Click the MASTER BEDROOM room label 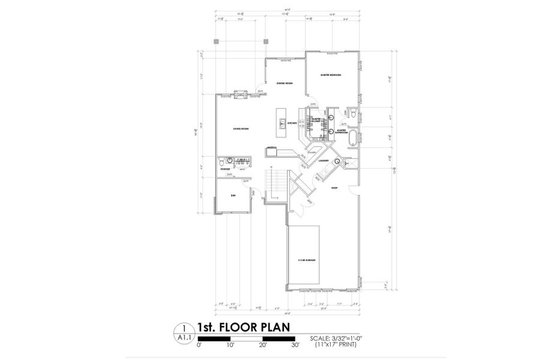[330, 75]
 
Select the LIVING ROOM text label [241, 129]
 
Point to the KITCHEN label [292, 124]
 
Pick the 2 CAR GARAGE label [307, 260]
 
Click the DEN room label [233, 196]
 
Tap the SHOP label [334, 188]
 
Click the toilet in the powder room [221, 162]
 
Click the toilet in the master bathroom [354, 113]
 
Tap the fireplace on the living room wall [240, 94]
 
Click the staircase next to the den [274, 182]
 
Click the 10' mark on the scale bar [231, 346]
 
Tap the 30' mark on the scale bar [295, 346]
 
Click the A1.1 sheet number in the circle [183, 338]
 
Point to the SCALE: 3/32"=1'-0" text [336, 338]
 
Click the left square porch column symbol [216, 41]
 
